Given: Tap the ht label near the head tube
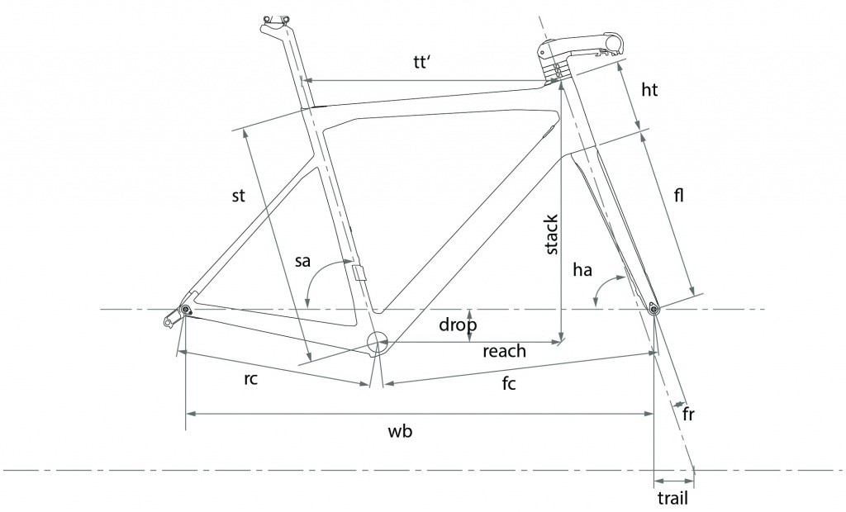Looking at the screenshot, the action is (649, 89).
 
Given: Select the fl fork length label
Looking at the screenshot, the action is (679, 195).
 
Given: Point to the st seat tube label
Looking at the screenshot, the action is (238, 196).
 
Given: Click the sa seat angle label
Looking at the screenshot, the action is (302, 261).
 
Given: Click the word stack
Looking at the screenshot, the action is (550, 235).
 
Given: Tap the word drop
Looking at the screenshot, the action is (458, 325).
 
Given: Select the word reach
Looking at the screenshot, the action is (504, 351).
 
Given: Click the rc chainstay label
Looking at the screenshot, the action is (251, 379).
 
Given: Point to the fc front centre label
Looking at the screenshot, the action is (509, 383).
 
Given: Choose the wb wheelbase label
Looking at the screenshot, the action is (401, 431).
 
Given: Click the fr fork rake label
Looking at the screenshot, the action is (688, 414).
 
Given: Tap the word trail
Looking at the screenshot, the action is (673, 497).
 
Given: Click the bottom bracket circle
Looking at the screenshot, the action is (377, 342).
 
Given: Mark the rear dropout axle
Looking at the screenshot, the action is (186, 309).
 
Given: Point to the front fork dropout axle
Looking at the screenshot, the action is (653, 309).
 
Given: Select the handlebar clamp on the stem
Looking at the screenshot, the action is (614, 43).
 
